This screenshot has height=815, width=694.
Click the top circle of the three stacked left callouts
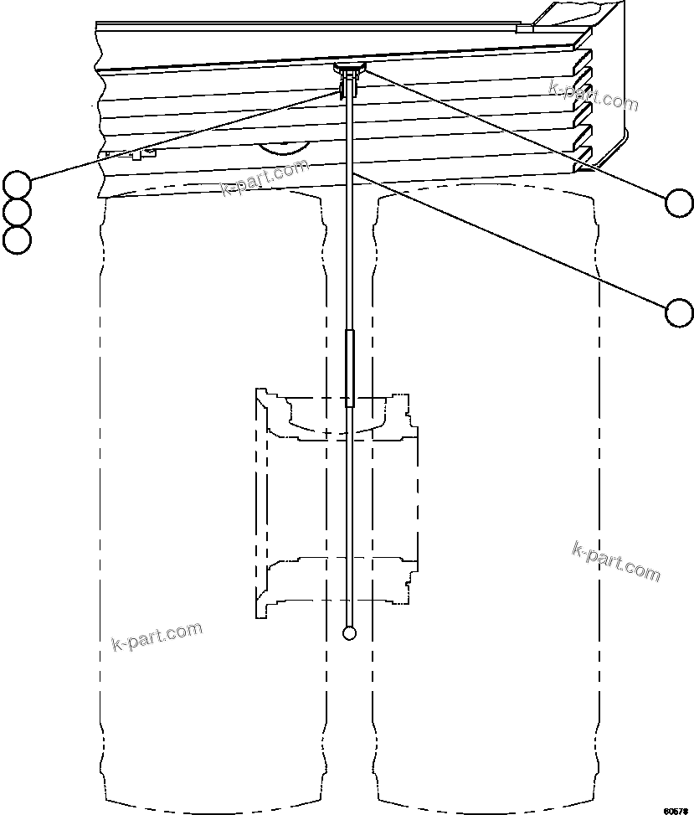(x=17, y=183)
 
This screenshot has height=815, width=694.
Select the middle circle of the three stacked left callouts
(x=17, y=211)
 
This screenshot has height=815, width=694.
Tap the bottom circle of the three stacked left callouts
(x=17, y=240)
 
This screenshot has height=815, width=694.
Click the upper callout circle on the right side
(x=679, y=202)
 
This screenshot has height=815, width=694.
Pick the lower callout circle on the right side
(x=679, y=312)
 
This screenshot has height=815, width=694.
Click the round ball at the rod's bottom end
(x=350, y=632)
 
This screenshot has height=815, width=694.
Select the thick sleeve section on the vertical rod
(x=350, y=369)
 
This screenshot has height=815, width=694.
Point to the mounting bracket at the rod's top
(x=350, y=70)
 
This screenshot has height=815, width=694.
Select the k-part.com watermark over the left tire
(x=157, y=637)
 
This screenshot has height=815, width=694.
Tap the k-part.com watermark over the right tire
(x=615, y=561)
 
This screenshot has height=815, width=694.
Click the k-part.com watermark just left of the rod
(x=265, y=177)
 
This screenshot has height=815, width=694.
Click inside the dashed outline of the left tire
(x=209, y=503)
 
